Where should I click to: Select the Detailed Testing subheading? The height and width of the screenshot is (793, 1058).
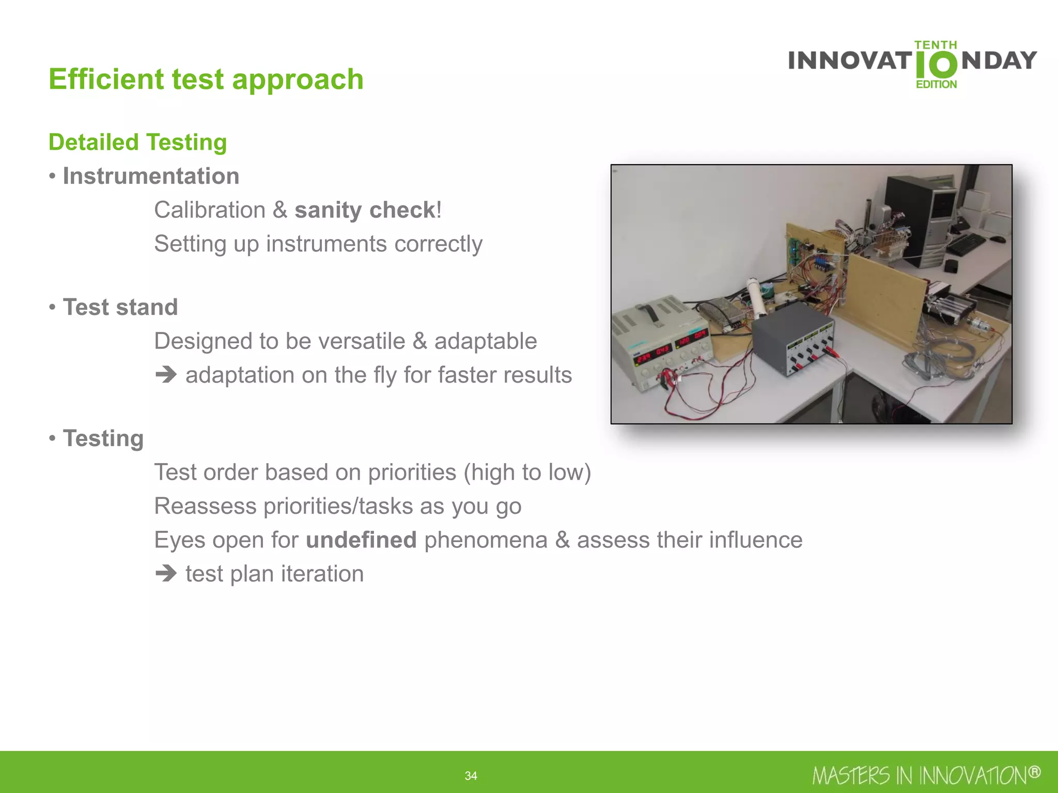point(137,142)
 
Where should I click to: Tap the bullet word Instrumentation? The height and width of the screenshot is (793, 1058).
point(151,176)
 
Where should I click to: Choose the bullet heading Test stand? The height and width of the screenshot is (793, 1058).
point(120,307)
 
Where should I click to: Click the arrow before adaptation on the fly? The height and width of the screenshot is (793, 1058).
point(166,375)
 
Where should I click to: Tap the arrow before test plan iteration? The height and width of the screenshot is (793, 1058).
point(166,574)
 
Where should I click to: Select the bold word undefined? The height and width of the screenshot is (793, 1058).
point(361,540)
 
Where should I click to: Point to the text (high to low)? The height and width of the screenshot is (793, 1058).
point(527,472)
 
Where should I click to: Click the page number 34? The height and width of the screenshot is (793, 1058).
point(471,775)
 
